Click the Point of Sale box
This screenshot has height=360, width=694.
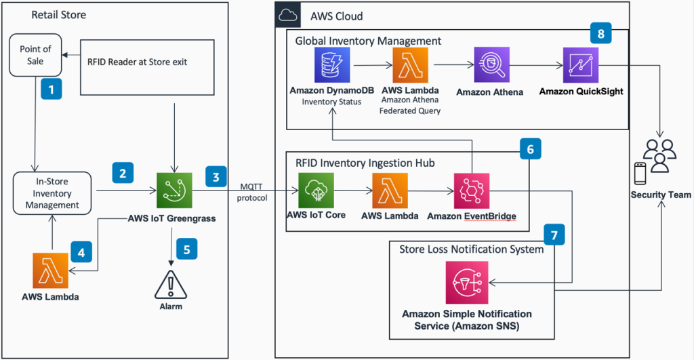(35, 56)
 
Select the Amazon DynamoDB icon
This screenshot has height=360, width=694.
(332, 66)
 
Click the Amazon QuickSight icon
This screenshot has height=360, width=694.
(581, 66)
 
